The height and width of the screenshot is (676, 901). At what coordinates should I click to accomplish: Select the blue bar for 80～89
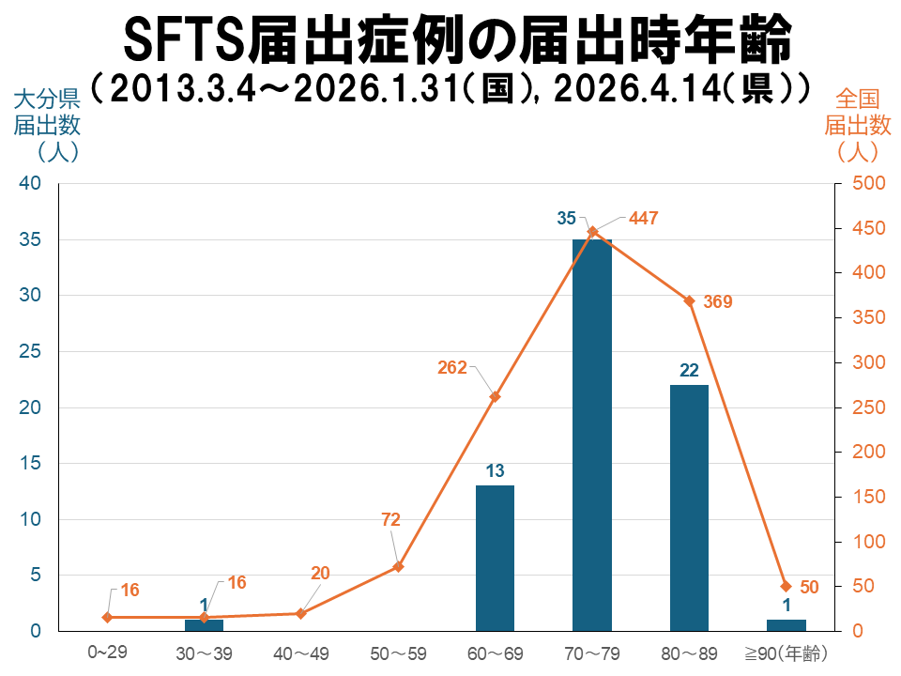(x=689, y=507)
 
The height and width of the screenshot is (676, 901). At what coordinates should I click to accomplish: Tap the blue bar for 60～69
(x=495, y=558)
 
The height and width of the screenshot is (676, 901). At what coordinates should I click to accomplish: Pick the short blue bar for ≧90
(x=786, y=625)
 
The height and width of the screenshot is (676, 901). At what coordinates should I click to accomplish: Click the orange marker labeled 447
(x=592, y=231)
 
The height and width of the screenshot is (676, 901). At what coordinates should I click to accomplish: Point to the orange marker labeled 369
(x=689, y=301)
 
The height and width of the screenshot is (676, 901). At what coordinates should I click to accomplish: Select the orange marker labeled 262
(x=495, y=396)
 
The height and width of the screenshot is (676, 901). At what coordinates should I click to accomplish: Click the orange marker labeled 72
(x=398, y=566)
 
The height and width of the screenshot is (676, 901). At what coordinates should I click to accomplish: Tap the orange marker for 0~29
(x=107, y=617)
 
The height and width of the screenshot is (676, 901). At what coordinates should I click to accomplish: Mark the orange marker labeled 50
(x=786, y=586)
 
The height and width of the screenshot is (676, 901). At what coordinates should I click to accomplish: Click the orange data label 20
(x=320, y=574)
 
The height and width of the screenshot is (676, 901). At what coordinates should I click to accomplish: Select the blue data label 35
(x=566, y=219)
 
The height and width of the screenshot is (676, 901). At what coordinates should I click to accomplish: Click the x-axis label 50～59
(x=398, y=653)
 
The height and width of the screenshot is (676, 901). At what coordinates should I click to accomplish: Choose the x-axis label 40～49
(x=301, y=653)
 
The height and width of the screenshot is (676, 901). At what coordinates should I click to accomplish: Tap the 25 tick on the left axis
(x=30, y=352)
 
